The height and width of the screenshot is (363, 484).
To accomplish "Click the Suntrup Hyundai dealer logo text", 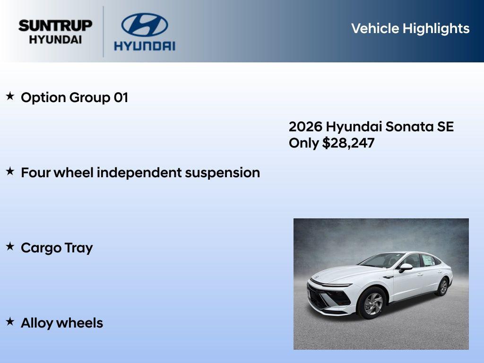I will [x=55, y=32].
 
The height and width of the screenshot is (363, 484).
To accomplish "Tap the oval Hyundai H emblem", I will [x=144, y=25].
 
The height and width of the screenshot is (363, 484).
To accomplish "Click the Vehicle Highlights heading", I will [x=410, y=28].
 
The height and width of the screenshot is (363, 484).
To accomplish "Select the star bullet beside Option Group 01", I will [x=10, y=96].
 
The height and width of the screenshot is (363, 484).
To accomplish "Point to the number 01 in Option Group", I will [x=121, y=98].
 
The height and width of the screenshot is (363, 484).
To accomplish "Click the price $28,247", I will [x=348, y=143].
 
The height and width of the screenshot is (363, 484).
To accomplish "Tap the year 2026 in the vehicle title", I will [x=305, y=127].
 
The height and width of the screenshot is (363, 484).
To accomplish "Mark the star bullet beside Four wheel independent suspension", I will [x=10, y=172].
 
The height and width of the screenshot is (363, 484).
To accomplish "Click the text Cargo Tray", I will [x=57, y=248].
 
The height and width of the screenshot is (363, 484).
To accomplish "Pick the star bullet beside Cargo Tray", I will [x=10, y=246].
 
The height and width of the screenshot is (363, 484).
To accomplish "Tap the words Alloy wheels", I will [x=62, y=323].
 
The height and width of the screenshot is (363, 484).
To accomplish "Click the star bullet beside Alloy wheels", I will [x=10, y=321].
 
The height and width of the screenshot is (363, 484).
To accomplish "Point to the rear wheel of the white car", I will [x=443, y=287].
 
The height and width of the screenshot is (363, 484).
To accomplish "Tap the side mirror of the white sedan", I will [x=405, y=267].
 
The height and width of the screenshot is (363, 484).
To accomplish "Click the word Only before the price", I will [x=303, y=143].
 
